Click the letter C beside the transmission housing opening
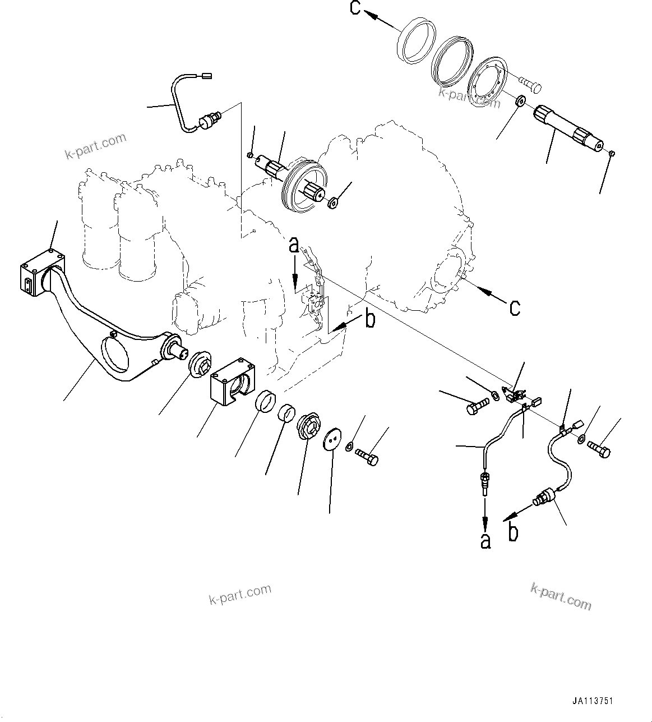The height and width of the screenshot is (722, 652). click(514, 307)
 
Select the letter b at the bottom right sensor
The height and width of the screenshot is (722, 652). click(513, 531)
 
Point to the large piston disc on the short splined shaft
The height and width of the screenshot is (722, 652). click(303, 188)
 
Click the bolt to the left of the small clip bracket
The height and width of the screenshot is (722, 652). click(476, 405)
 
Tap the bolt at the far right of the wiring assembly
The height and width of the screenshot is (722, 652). click(599, 449)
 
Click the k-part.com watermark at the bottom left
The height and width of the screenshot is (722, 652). click(240, 594)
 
